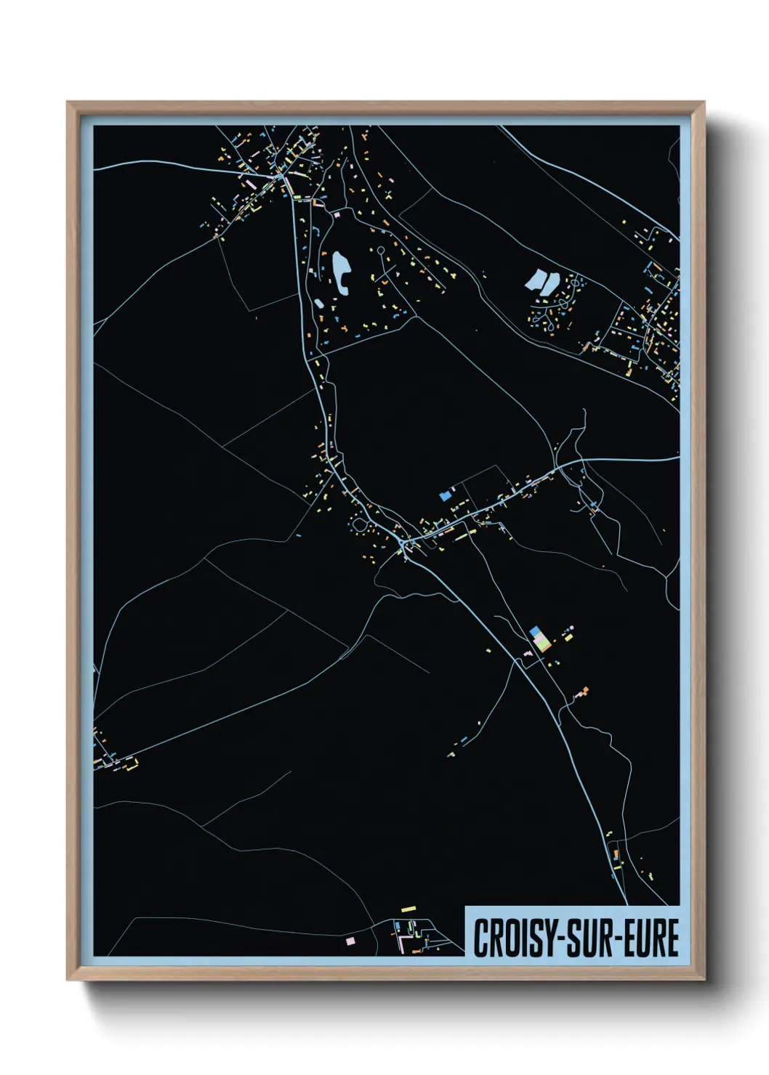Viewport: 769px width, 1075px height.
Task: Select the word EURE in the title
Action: click(651, 938)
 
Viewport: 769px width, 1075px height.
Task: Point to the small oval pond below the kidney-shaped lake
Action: click(320, 303)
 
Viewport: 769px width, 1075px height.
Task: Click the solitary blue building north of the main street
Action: click(446, 495)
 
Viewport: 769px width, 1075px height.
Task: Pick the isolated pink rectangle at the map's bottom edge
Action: click(350, 941)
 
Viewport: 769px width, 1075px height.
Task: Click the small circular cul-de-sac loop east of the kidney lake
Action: click(379, 250)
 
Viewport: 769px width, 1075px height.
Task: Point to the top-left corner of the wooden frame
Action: click(68, 102)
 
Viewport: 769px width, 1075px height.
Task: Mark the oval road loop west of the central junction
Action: click(358, 524)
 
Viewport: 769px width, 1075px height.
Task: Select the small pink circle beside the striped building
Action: click(571, 627)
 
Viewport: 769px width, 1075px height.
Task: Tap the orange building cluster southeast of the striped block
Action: click(583, 691)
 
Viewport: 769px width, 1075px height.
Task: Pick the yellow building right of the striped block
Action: click(568, 638)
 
